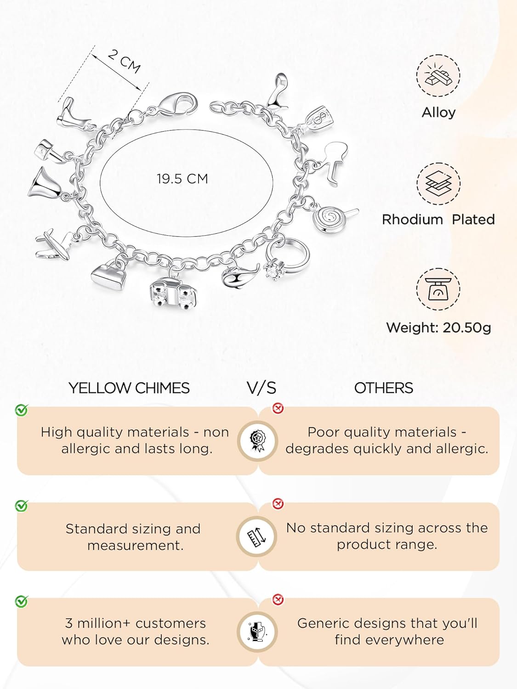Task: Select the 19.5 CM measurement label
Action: coord(182,179)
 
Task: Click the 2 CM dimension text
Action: coord(124,61)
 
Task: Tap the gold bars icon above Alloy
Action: coord(438,76)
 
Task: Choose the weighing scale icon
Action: coord(438,289)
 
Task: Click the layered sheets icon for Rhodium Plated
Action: coord(438,183)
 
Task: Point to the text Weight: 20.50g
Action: coord(438,328)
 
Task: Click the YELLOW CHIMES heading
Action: coord(129,388)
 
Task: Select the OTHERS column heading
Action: coord(384,388)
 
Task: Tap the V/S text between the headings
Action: coord(261,388)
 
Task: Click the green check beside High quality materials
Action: coord(21,410)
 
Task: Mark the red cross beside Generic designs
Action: coord(278,599)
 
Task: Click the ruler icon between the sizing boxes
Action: coord(256,537)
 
